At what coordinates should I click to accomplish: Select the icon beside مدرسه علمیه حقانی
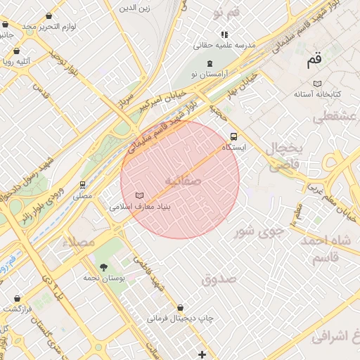(x=224, y=34)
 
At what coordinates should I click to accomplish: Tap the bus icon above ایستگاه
(x=233, y=137)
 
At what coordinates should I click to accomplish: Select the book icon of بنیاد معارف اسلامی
(x=139, y=195)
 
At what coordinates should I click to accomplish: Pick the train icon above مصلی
(x=83, y=186)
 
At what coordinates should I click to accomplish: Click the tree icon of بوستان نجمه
(x=104, y=266)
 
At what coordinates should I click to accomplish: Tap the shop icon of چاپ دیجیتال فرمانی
(x=181, y=307)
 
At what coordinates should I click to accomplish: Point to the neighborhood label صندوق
(x=219, y=279)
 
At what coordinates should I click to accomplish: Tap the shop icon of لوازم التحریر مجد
(x=48, y=15)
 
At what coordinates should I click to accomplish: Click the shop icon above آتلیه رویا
(x=16, y=51)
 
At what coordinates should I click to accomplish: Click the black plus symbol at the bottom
(x=202, y=353)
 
